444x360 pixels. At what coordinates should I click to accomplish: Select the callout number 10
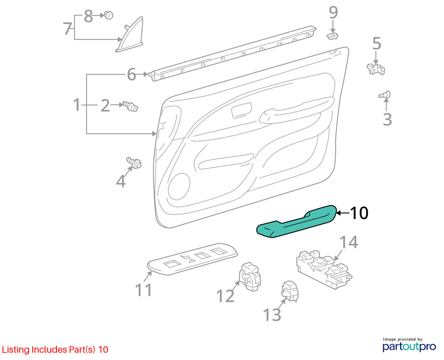pyautogui.click(x=359, y=213)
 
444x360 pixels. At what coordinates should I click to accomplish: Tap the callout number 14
pyautogui.click(x=349, y=242)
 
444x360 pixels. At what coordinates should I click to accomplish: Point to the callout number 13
pyautogui.click(x=272, y=315)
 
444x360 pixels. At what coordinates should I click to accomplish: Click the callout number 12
pyautogui.click(x=226, y=296)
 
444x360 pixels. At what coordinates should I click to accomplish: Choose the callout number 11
pyautogui.click(x=143, y=290)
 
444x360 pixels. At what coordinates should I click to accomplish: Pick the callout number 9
pyautogui.click(x=333, y=12)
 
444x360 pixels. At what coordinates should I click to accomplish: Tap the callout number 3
pyautogui.click(x=387, y=119)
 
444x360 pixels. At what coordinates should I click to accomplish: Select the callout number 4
pyautogui.click(x=121, y=181)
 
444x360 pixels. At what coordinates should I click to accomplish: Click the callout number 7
pyautogui.click(x=68, y=28)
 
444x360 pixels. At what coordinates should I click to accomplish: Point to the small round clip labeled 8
pyautogui.click(x=108, y=15)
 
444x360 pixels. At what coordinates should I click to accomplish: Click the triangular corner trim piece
pyautogui.click(x=129, y=34)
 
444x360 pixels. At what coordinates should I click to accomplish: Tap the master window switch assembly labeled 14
pyautogui.click(x=324, y=270)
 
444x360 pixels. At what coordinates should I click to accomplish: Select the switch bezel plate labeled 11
pyautogui.click(x=192, y=259)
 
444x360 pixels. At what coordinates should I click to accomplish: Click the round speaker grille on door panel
pyautogui.click(x=179, y=187)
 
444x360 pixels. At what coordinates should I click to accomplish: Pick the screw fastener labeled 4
pyautogui.click(x=134, y=163)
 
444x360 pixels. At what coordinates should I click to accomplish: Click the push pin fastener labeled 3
pyautogui.click(x=385, y=95)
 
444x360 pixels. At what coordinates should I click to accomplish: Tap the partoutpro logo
pyautogui.click(x=409, y=346)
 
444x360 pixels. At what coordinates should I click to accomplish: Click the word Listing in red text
pyautogui.click(x=16, y=350)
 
